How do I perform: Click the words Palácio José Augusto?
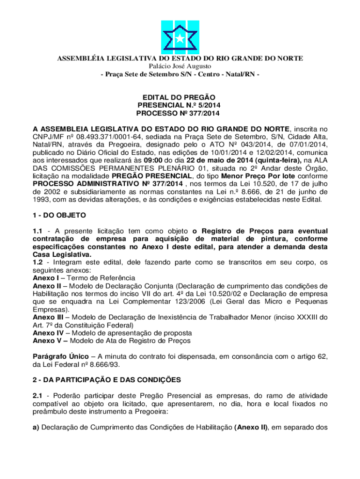pyautogui.click(x=180, y=66)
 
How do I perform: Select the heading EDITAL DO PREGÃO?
pyautogui.click(x=180, y=97)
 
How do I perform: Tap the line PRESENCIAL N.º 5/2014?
pyautogui.click(x=180, y=105)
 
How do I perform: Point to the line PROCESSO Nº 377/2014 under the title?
pyautogui.click(x=180, y=114)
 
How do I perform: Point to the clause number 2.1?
pyautogui.click(x=38, y=396)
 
